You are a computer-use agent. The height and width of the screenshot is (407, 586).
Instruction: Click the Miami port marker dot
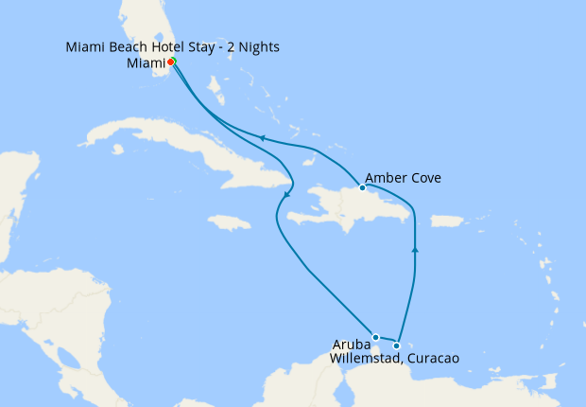point(172,62)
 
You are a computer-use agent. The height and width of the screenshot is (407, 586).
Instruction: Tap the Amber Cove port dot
point(362,187)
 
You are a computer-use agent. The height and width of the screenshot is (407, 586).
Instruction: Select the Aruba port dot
point(375,337)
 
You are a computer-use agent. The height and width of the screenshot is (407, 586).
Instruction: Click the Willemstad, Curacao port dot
point(397,345)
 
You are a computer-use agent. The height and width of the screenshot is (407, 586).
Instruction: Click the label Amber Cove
point(403,178)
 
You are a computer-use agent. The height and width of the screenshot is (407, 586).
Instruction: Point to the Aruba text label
point(351,344)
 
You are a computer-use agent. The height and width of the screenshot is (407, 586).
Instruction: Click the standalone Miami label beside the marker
point(146,63)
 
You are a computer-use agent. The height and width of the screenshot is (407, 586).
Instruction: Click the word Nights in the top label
point(257,46)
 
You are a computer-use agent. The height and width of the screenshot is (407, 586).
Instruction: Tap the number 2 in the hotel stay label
point(232,46)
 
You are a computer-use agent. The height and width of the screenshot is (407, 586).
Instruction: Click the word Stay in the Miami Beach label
point(201,46)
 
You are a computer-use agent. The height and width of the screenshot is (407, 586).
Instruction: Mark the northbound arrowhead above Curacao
point(415,249)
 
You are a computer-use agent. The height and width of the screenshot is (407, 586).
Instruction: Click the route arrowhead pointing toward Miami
point(261,139)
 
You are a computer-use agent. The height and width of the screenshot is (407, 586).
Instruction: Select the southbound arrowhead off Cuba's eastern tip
point(284,196)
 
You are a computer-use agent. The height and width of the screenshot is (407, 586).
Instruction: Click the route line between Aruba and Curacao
point(387,341)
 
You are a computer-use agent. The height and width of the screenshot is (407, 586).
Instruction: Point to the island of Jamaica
point(230,222)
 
